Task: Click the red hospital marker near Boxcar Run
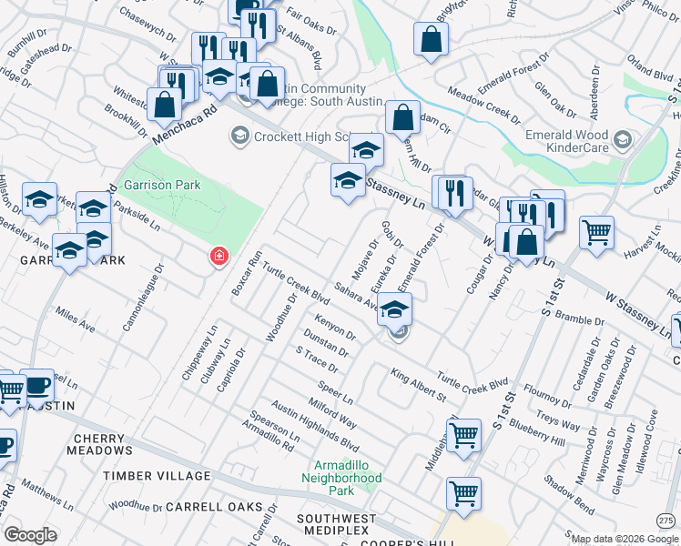[x=219, y=257]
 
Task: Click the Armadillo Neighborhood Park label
[x=341, y=477]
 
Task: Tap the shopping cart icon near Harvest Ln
[x=596, y=232]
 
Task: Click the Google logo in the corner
[x=30, y=535]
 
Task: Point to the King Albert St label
[x=418, y=385]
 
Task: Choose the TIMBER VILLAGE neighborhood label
[x=157, y=476]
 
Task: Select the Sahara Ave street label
[x=355, y=297]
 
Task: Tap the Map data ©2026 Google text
[x=625, y=539]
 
